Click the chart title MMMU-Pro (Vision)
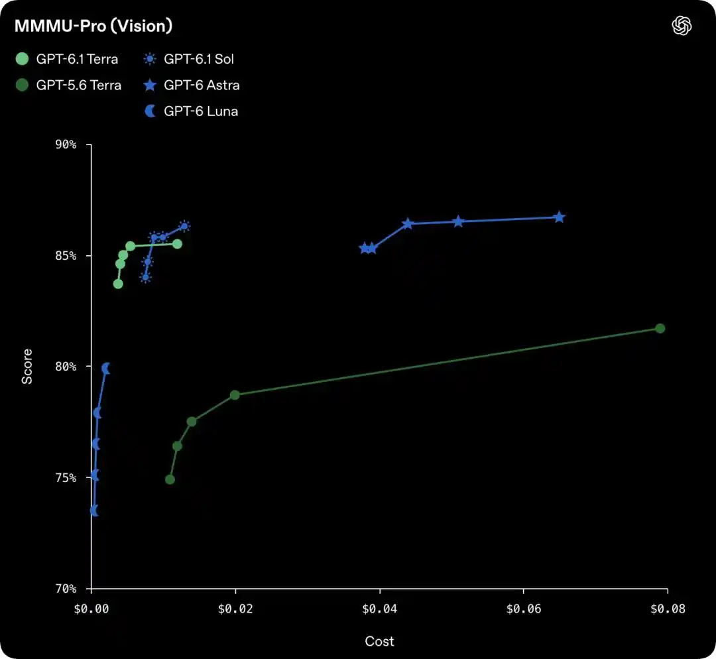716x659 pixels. (x=93, y=26)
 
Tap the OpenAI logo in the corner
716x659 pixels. (x=682, y=26)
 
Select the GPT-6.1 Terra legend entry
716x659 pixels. (x=67, y=59)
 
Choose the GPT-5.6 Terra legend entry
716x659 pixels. (x=68, y=85)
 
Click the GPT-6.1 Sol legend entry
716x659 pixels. (x=188, y=59)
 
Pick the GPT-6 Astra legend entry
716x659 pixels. (x=192, y=85)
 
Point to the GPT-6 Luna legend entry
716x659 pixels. (x=191, y=111)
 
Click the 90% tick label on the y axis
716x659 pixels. (x=66, y=145)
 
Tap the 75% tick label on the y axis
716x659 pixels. (x=66, y=478)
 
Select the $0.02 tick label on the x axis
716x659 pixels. (x=235, y=609)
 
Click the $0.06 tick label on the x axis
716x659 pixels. (x=524, y=609)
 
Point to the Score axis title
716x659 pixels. (x=27, y=366)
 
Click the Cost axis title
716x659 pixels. (x=379, y=641)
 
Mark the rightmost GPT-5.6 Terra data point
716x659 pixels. (x=660, y=328)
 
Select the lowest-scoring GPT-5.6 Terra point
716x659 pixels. (x=170, y=479)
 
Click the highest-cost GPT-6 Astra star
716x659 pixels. (x=560, y=217)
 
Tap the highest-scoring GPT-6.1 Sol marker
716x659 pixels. (x=184, y=226)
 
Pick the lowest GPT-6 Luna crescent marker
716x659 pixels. (x=94, y=511)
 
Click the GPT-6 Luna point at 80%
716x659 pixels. (x=106, y=368)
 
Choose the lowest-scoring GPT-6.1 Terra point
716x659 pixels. (x=118, y=284)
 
